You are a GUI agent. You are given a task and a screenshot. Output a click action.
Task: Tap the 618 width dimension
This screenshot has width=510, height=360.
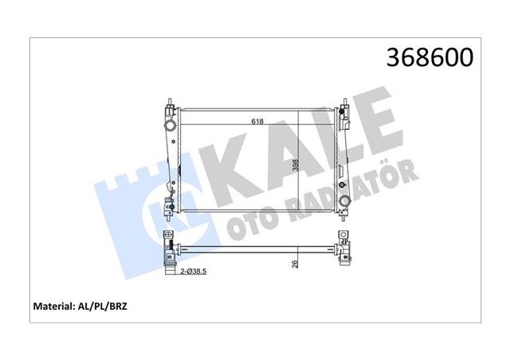[x=257, y=122]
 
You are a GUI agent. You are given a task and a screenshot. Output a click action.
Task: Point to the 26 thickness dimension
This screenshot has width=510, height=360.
[x=294, y=264]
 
